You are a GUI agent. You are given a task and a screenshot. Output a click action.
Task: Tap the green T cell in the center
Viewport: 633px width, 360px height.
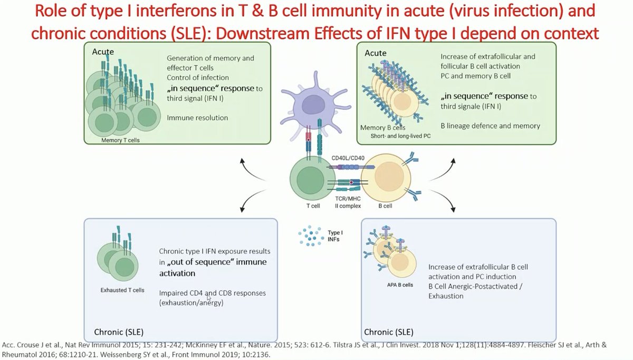308,181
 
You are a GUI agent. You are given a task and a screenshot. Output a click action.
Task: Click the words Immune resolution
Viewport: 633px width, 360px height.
197,118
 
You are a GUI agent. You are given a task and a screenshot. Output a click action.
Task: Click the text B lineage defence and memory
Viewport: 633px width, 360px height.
490,126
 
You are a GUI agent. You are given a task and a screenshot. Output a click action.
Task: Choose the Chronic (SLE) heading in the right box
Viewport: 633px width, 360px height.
389,332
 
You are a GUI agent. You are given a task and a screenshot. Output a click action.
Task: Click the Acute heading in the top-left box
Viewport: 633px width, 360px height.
103,52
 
